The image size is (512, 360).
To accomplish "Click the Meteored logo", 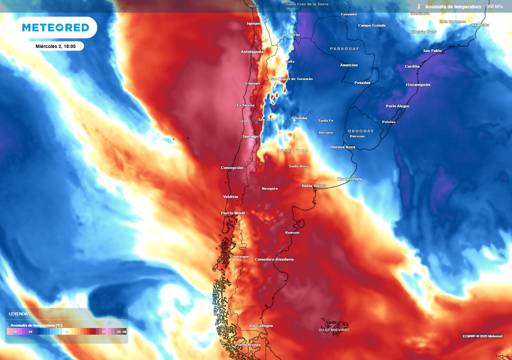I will [x=55, y=27].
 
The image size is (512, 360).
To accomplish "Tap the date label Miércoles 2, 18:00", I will [x=55, y=46].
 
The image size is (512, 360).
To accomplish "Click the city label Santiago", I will [x=250, y=136].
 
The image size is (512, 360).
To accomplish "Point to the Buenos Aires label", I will [x=343, y=147].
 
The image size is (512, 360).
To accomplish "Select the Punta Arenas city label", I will [x=247, y=345].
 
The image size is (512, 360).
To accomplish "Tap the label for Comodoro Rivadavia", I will [x=274, y=259].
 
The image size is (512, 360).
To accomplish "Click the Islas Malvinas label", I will [x=334, y=329].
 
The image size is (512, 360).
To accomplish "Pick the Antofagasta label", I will [x=252, y=51].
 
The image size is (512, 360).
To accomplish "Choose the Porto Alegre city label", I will [x=397, y=106].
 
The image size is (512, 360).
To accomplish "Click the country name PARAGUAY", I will [x=344, y=48].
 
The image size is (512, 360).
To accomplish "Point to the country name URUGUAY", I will [x=360, y=130].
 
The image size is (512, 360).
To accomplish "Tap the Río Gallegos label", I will [x=261, y=325].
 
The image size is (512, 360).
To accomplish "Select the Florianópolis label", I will [x=418, y=84].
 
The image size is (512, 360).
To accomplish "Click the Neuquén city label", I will [x=269, y=188].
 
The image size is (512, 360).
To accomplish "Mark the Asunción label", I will [x=349, y=65].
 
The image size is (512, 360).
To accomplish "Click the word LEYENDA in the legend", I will [x=18, y=314].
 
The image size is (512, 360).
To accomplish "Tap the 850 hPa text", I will [x=494, y=6].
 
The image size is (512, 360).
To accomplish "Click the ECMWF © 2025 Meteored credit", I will [x=482, y=336].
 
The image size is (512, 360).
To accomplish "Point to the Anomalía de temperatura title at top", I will [x=453, y=6].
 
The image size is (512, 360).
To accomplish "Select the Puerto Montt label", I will [x=233, y=213].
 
